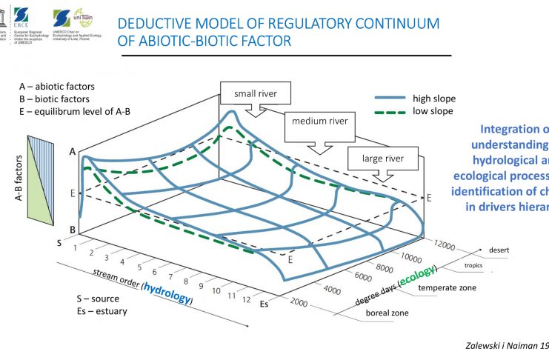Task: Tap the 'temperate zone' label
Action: click(447, 287)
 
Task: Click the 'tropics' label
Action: click(473, 265)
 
